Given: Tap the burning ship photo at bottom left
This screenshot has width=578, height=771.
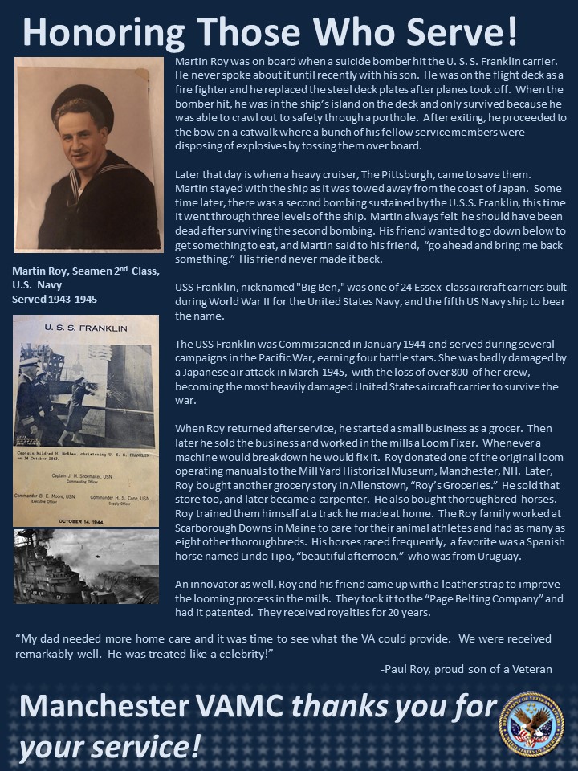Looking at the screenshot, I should click(86, 566).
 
